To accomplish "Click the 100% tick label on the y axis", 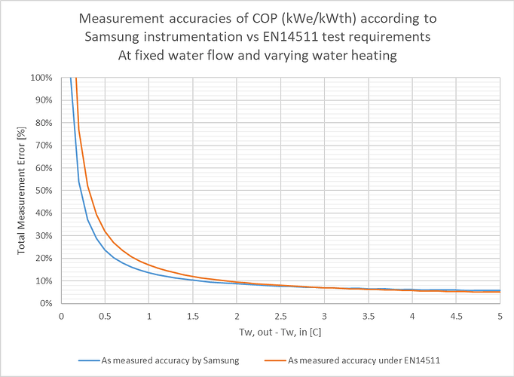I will coord(42,78).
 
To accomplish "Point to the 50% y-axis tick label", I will coord(44,191).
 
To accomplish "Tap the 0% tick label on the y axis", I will coord(47,303).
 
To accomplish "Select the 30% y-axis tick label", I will coord(44,236).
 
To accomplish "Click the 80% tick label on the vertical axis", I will coord(44,123).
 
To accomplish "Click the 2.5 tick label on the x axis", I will coord(280,317).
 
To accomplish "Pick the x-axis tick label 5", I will coord(500,317).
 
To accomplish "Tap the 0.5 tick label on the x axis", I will coord(105,317).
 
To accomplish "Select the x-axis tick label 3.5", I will coord(369,317).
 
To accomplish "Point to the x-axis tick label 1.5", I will coord(193,317).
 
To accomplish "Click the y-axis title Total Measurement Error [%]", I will coord(23,191).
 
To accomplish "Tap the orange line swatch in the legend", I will coord(271,360).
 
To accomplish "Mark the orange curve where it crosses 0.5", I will coord(105,231).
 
